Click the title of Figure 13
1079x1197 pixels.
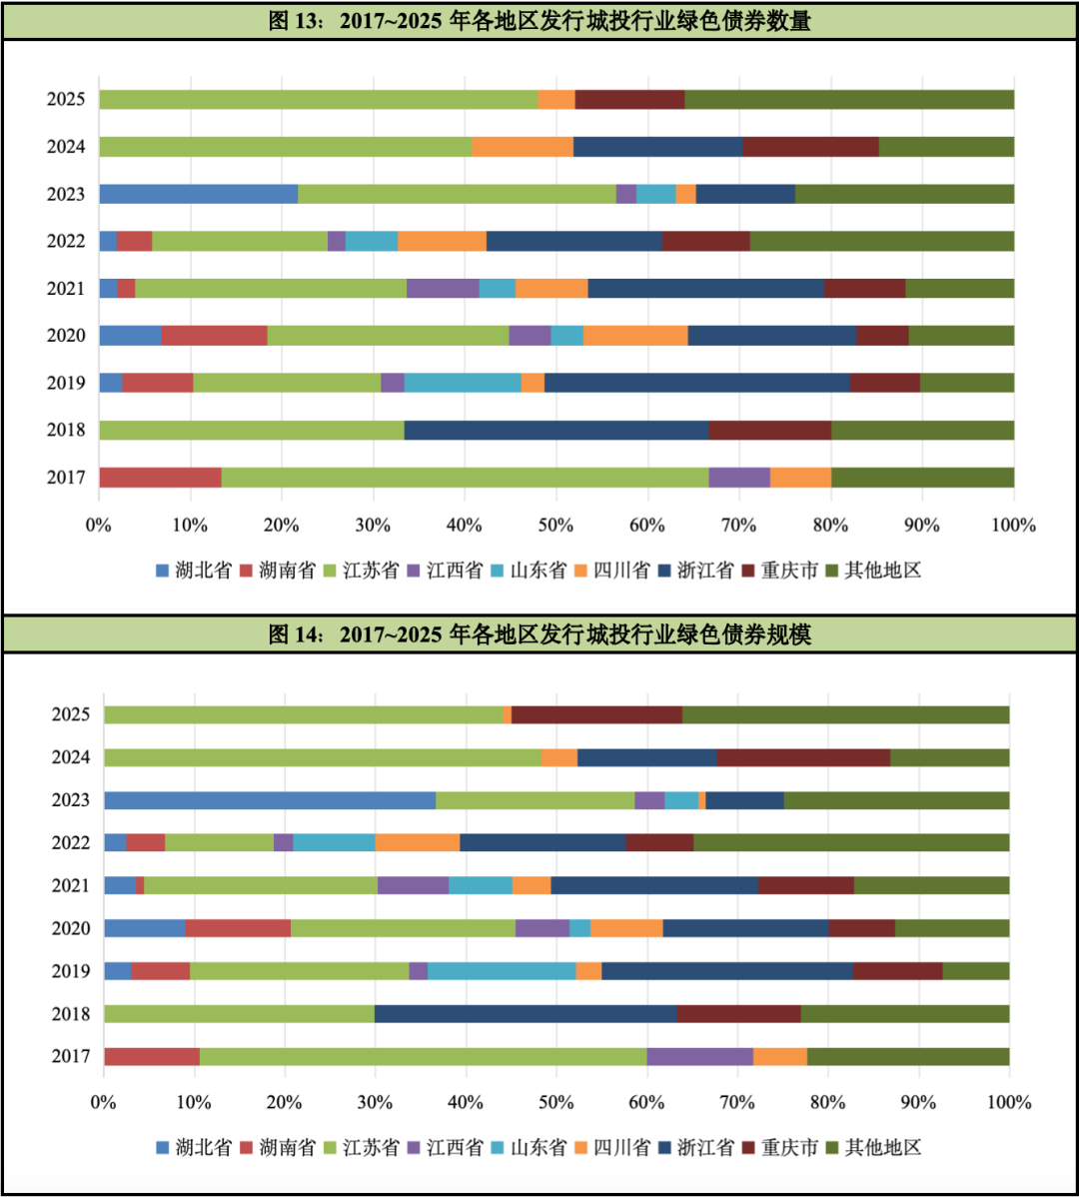click(x=539, y=21)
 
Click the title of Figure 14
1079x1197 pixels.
click(x=539, y=634)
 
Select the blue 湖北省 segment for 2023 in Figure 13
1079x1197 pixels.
click(x=198, y=194)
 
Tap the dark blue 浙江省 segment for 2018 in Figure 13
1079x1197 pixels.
click(x=556, y=430)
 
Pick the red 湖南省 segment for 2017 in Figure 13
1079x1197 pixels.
click(x=160, y=478)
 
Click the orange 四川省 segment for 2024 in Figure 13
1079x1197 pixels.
click(x=523, y=147)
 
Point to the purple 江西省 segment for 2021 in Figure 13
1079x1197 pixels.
click(x=443, y=288)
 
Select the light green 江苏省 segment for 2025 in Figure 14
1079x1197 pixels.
click(x=304, y=714)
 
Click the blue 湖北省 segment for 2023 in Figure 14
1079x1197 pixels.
click(x=270, y=800)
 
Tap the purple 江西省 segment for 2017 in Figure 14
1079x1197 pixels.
click(x=699, y=1056)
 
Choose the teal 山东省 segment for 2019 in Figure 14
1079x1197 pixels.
click(x=502, y=971)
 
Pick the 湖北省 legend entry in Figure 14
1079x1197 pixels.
click(x=194, y=1147)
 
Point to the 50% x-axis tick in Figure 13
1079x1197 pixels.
click(x=556, y=526)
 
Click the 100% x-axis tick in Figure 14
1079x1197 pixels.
click(x=1008, y=1103)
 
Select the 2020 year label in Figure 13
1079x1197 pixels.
click(x=66, y=336)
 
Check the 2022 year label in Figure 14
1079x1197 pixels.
click(x=71, y=843)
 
